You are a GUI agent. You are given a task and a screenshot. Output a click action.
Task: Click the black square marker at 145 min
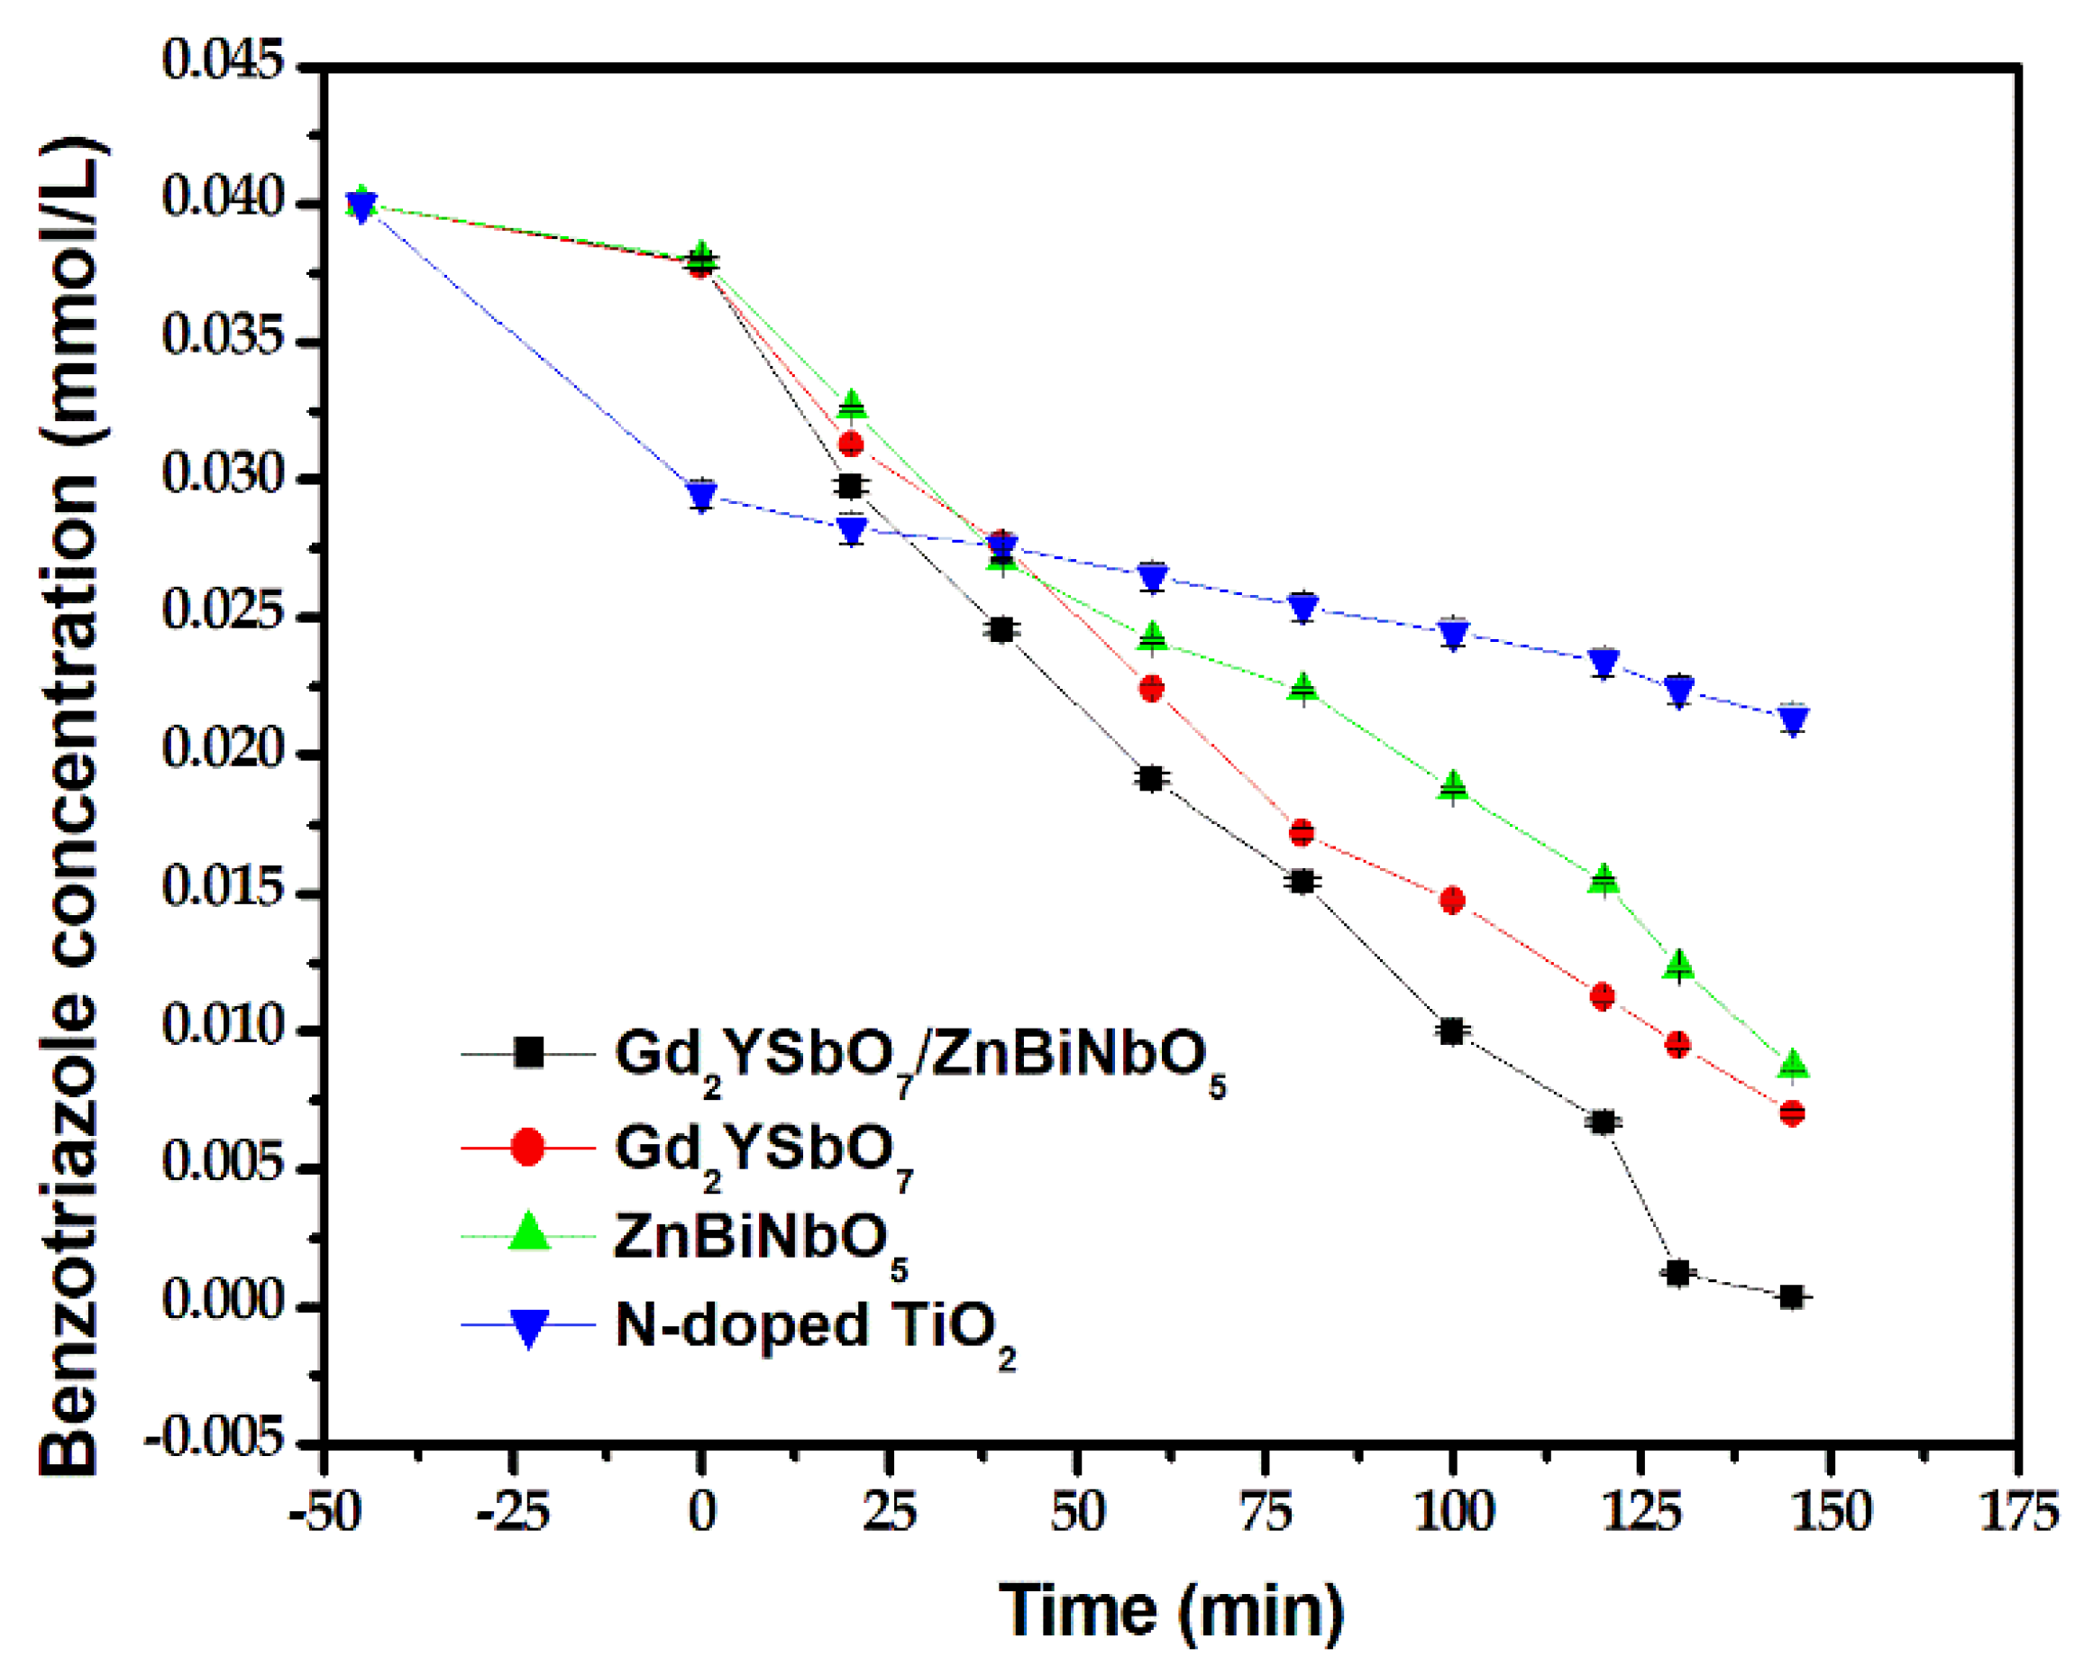click(1792, 1297)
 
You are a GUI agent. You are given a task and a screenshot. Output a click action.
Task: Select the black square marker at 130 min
click(1678, 1272)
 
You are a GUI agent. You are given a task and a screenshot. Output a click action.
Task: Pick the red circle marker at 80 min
click(1302, 832)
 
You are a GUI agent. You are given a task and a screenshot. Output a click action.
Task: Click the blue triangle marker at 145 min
click(1793, 720)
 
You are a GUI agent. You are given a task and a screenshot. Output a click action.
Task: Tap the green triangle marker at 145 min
click(1793, 1063)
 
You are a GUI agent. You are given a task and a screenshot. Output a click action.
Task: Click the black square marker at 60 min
click(1151, 779)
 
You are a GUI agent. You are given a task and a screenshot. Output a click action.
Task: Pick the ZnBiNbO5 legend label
click(760, 1238)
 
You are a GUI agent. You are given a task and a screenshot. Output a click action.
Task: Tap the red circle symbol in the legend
click(528, 1147)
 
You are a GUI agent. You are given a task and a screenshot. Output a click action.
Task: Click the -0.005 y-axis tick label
click(215, 1439)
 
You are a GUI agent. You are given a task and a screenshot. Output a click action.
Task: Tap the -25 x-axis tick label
click(513, 1513)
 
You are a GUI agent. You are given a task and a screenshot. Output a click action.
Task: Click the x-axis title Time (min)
click(1171, 1610)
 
